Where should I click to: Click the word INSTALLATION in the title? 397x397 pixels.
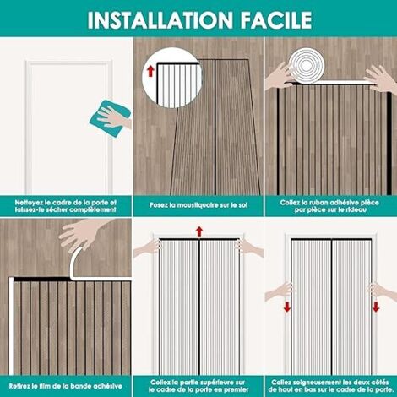tap(160, 20)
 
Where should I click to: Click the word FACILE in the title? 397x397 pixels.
tap(276, 20)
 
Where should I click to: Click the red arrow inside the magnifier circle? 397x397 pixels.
tap(150, 71)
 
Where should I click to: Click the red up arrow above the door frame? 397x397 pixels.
tap(199, 231)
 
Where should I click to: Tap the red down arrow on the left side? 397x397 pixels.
tap(287, 307)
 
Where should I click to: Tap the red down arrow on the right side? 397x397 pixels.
tap(376, 307)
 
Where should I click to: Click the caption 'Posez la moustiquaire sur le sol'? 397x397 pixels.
tap(198, 205)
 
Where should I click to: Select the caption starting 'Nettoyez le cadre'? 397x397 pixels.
tap(66, 206)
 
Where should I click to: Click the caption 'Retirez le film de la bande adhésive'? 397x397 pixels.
tap(66, 386)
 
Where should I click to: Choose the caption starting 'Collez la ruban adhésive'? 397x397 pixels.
tap(329, 206)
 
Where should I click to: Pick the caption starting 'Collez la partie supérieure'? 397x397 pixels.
tap(198, 386)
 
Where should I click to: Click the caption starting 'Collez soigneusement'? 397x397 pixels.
tap(331, 386)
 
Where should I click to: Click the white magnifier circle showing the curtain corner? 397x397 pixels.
tap(172, 79)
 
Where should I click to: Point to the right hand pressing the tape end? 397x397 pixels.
tap(380, 79)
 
